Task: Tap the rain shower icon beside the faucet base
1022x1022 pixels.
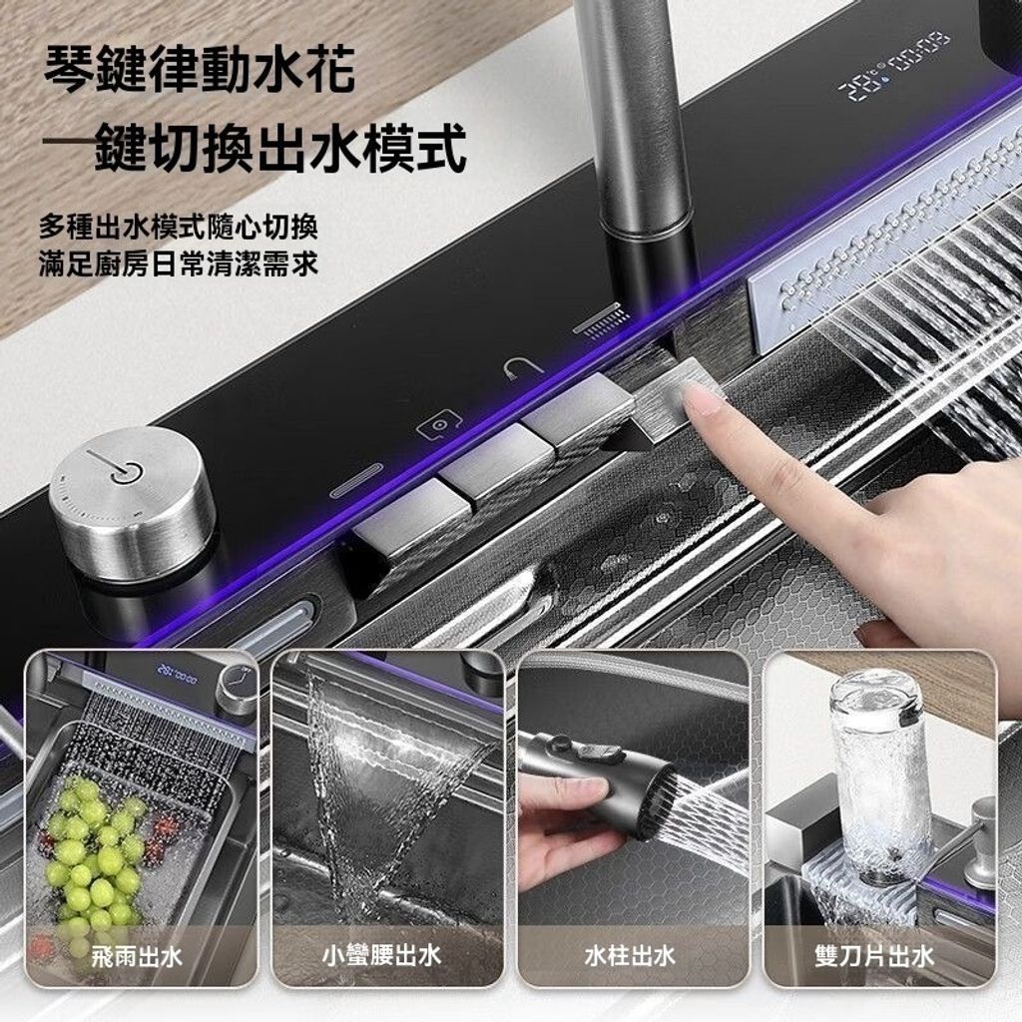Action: tap(602, 319)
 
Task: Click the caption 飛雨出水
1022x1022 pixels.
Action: tap(136, 957)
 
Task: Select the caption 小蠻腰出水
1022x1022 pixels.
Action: tap(382, 956)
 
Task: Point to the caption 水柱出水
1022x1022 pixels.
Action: tap(629, 956)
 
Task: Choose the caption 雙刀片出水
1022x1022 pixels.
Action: tap(874, 956)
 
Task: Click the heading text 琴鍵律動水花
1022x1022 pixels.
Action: tap(200, 70)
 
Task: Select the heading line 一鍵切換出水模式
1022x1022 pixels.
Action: tap(255, 148)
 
